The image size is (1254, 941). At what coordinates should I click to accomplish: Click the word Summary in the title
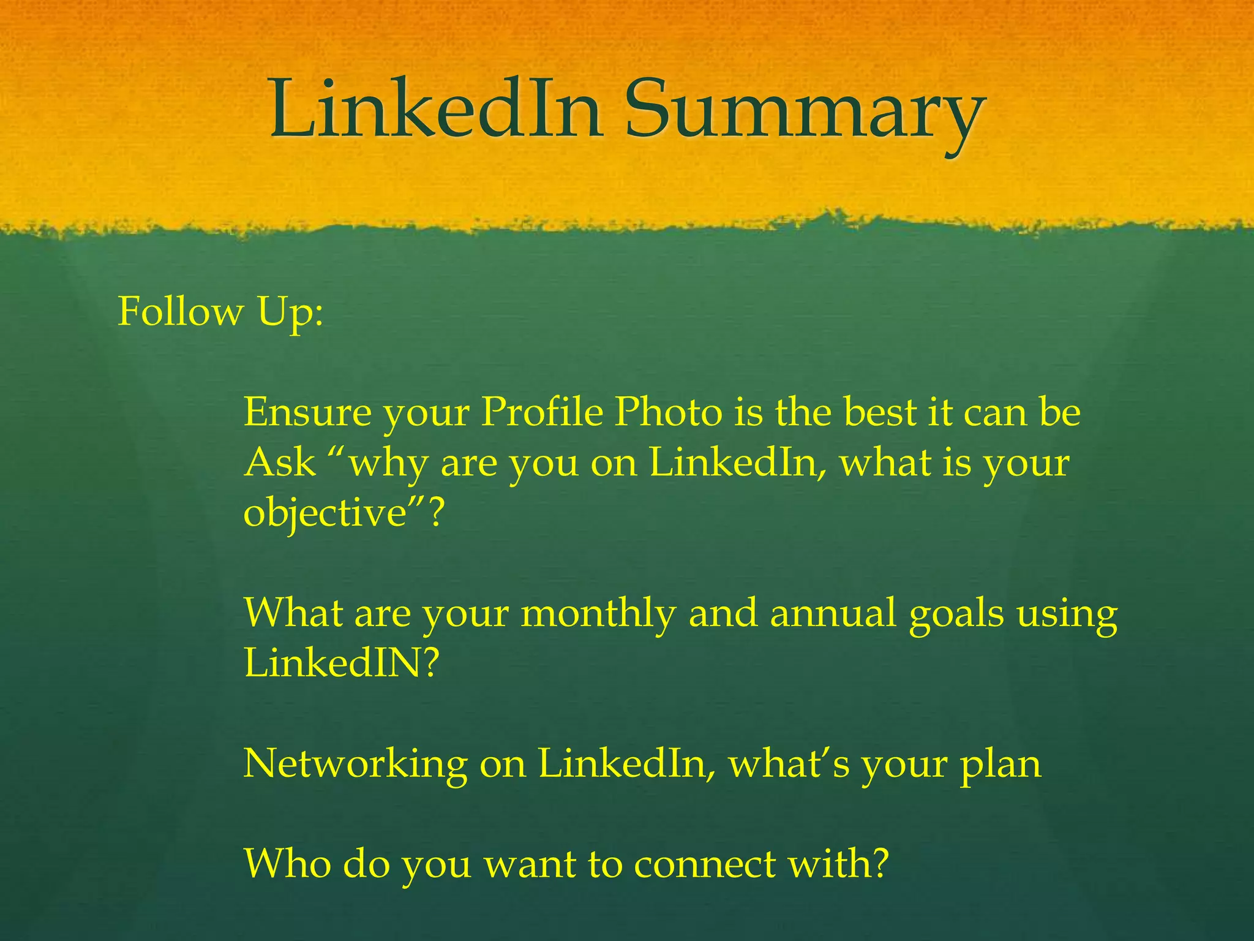pos(804,110)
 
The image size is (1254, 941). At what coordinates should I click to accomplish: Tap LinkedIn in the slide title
pos(437,110)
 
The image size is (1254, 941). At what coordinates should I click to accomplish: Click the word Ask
pos(280,463)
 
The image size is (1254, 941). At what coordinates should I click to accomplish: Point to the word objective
pos(325,513)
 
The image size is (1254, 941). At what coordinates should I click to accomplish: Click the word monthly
pos(598,614)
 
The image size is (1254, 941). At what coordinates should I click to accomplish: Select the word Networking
pos(355,765)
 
